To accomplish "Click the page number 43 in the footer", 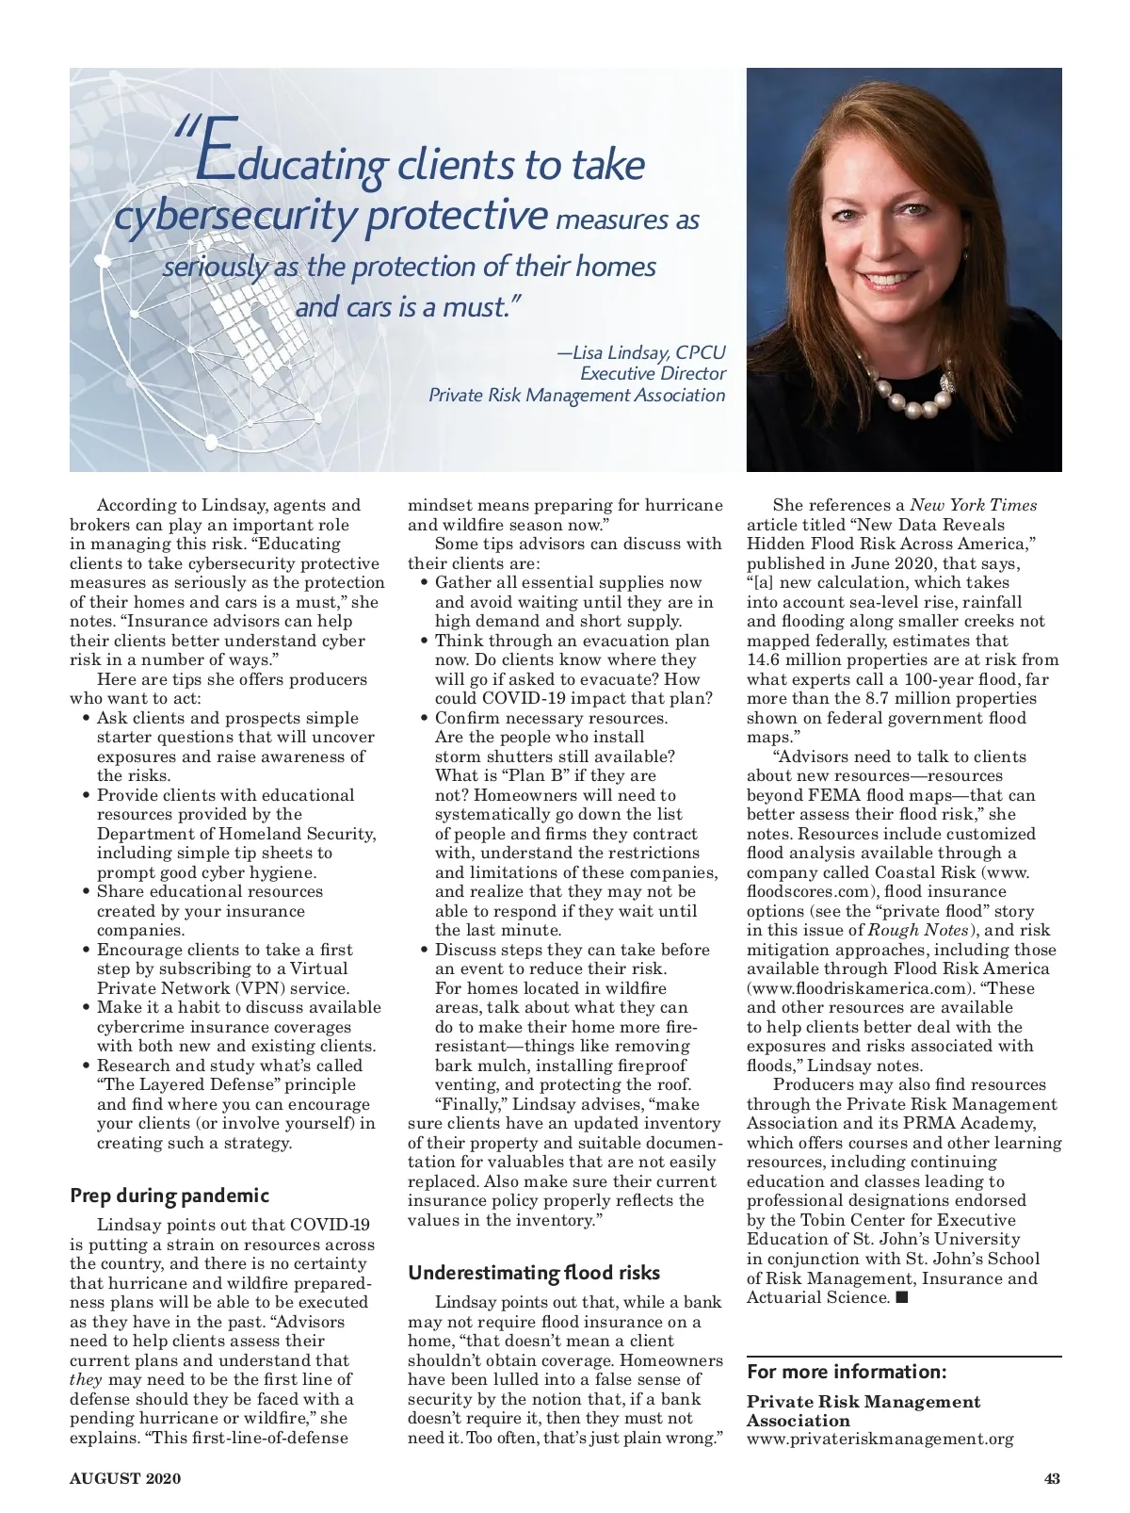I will click(x=1052, y=1478).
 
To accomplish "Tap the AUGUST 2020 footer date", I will click(x=125, y=1478).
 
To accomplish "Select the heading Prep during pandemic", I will click(x=169, y=1196).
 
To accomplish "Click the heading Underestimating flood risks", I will click(x=534, y=1273).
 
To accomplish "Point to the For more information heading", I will click(x=847, y=1371).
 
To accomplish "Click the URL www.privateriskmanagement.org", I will click(x=880, y=1439).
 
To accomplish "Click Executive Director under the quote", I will click(x=653, y=374).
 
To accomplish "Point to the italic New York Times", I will click(x=973, y=505).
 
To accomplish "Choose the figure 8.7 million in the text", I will click(x=899, y=698).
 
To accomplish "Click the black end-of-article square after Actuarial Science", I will click(x=901, y=1298).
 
